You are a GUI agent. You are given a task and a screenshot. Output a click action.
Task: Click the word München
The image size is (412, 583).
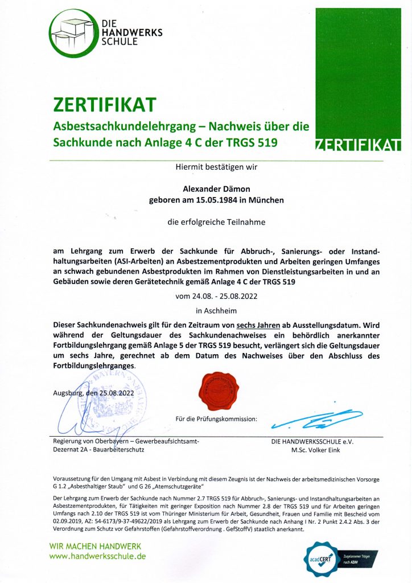pyautogui.click(x=265, y=200)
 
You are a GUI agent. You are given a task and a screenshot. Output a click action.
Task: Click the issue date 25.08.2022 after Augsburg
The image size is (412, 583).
pyautogui.click(x=118, y=392)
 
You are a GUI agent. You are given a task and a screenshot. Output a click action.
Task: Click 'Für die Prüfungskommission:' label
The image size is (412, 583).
pyautogui.click(x=217, y=419)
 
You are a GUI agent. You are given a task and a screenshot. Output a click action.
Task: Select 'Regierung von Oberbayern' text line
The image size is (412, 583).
pyautogui.click(x=126, y=441)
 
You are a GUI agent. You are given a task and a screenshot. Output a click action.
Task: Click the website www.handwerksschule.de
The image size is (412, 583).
pyautogui.click(x=98, y=556)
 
